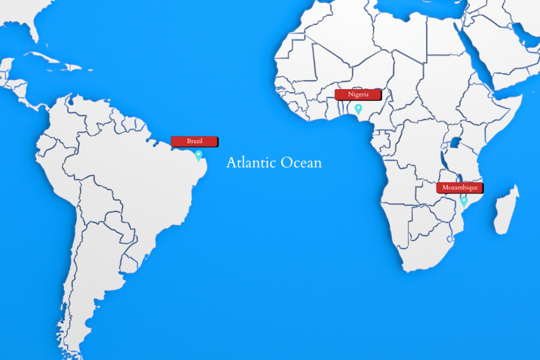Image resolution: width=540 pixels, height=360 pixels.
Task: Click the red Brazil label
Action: click(194, 141)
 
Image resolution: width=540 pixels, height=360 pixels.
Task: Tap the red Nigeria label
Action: click(358, 95)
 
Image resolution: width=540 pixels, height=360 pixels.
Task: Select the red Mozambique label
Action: click(459, 188)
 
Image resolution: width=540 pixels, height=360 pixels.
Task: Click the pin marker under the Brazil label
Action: click(199, 155)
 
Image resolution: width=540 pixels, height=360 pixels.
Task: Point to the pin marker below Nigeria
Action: click(359, 109)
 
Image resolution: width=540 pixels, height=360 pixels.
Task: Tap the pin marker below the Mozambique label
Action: click(464, 201)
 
